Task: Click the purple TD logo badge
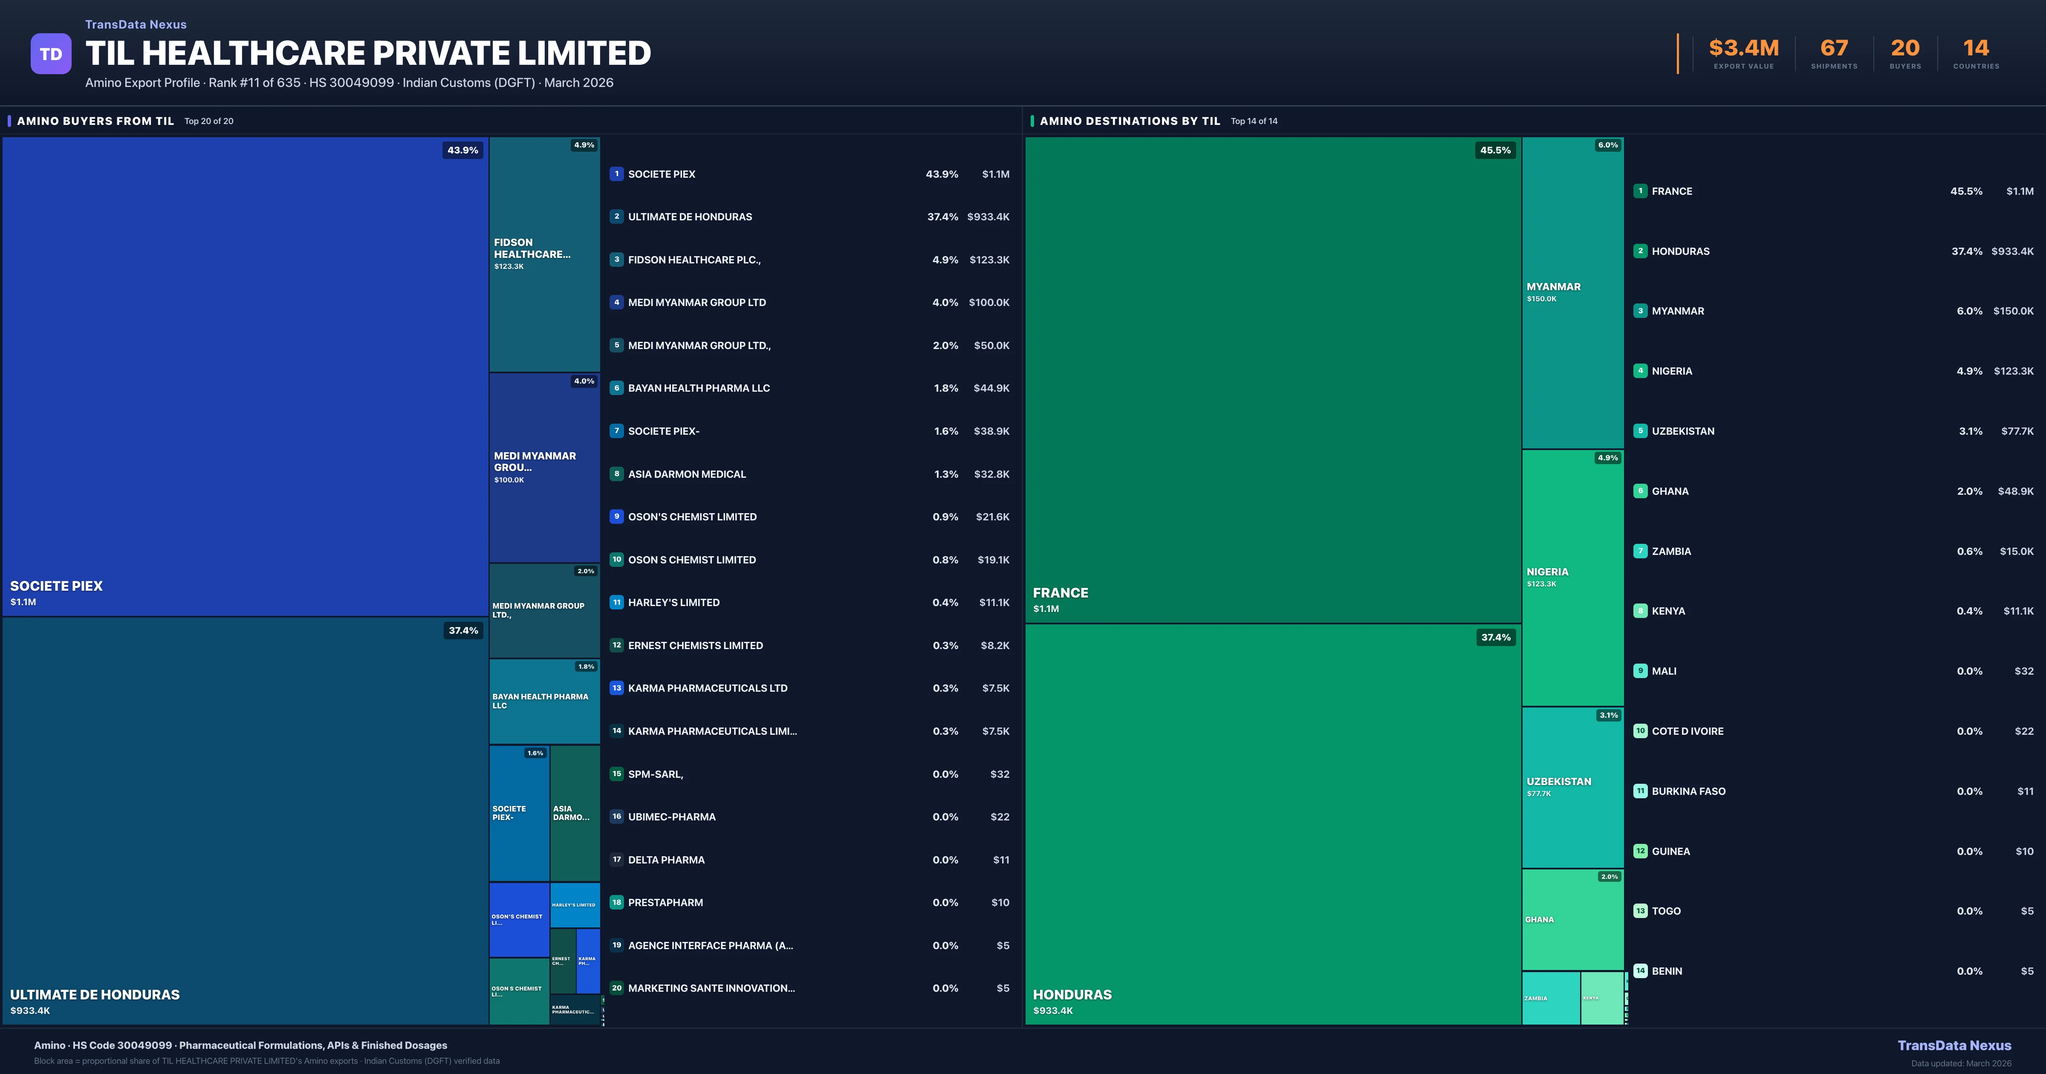click(51, 54)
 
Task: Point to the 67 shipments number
click(1834, 49)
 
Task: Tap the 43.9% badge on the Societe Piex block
click(462, 150)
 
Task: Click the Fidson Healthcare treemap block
click(544, 254)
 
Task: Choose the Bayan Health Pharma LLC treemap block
click(544, 701)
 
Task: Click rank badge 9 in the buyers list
click(616, 517)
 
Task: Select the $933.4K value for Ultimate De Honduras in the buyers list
click(988, 217)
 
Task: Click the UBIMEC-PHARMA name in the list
click(671, 817)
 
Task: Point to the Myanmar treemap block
click(1572, 292)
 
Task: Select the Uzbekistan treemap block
click(1572, 786)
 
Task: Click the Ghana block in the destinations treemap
click(1572, 920)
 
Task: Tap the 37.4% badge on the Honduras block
click(1496, 637)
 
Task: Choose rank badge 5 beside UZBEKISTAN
click(1640, 430)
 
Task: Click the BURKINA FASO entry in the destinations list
click(1688, 791)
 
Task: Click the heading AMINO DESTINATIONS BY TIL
click(1130, 121)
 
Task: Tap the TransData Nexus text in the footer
click(1954, 1045)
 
